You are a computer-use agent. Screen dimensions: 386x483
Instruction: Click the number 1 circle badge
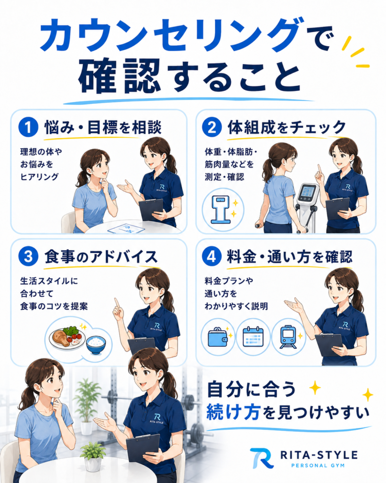tap(28, 127)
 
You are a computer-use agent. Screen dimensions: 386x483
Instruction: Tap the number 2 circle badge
tap(212, 127)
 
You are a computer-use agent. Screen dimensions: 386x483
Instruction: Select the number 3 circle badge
tap(28, 256)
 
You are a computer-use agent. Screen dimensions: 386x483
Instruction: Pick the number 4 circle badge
tap(212, 256)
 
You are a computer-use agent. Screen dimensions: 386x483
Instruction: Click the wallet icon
tap(218, 338)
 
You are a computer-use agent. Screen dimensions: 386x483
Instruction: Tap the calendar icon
tap(253, 337)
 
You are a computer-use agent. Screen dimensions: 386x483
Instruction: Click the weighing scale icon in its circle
tap(221, 210)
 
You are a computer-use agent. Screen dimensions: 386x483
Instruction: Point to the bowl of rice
tap(96, 345)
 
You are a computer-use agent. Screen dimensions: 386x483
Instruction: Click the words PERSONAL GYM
tap(318, 466)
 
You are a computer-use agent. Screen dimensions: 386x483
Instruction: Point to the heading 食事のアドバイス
tap(101, 256)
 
